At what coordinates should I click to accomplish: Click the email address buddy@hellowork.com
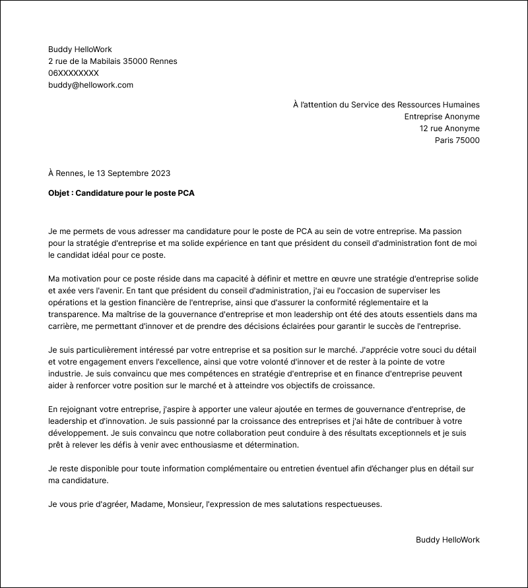coord(90,85)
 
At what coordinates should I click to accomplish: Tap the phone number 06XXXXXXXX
coord(73,73)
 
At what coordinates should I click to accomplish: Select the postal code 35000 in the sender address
coord(133,61)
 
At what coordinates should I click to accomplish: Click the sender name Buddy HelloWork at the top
coord(80,49)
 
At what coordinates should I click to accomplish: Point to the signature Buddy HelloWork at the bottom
coord(447,540)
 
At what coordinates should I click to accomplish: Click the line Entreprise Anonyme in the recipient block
coord(442,117)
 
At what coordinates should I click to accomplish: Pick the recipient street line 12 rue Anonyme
coord(449,129)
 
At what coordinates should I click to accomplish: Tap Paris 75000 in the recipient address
coord(457,140)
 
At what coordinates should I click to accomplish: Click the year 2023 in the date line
coord(160,173)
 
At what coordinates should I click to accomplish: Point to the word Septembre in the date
coord(127,173)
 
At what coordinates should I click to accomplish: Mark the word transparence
coord(74,314)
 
